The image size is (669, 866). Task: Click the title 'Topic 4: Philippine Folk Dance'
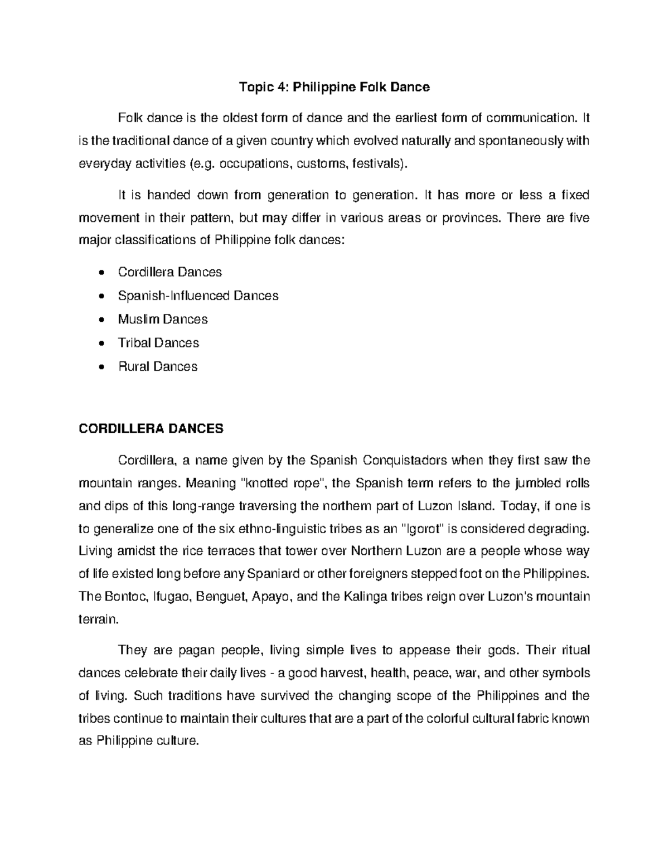[x=334, y=87]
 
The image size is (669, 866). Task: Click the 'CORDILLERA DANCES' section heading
[x=151, y=428]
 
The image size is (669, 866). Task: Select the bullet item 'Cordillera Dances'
[x=169, y=272]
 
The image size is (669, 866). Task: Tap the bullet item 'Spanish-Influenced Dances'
[x=198, y=296]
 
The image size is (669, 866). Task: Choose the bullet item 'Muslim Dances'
[x=162, y=320]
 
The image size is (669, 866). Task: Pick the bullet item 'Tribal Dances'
[x=158, y=343]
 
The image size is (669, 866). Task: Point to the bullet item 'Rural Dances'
[x=158, y=366]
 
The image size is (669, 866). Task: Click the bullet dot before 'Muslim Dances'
[x=100, y=320]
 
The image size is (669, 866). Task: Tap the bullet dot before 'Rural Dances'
[x=100, y=367]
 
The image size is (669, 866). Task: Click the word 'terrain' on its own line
[x=99, y=618]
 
